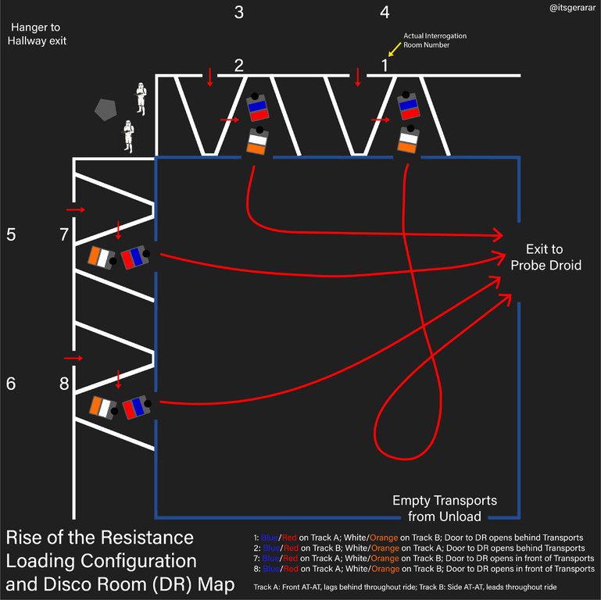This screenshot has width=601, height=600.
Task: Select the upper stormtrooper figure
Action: [x=141, y=95]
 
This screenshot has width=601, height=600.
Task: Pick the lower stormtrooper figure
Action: [x=128, y=136]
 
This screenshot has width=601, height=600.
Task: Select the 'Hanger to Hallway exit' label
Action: [x=38, y=34]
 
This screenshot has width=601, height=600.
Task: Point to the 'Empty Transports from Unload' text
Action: [x=444, y=508]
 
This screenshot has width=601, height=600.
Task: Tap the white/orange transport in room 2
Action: [x=257, y=141]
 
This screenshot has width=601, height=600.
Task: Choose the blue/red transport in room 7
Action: [x=134, y=257]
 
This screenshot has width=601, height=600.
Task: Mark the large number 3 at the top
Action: [x=238, y=12]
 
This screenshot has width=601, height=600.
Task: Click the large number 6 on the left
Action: [x=11, y=384]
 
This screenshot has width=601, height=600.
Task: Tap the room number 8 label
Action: [x=65, y=384]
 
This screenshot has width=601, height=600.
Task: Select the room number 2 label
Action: [x=238, y=66]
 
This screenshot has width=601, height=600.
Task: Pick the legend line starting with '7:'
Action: [x=419, y=559]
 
